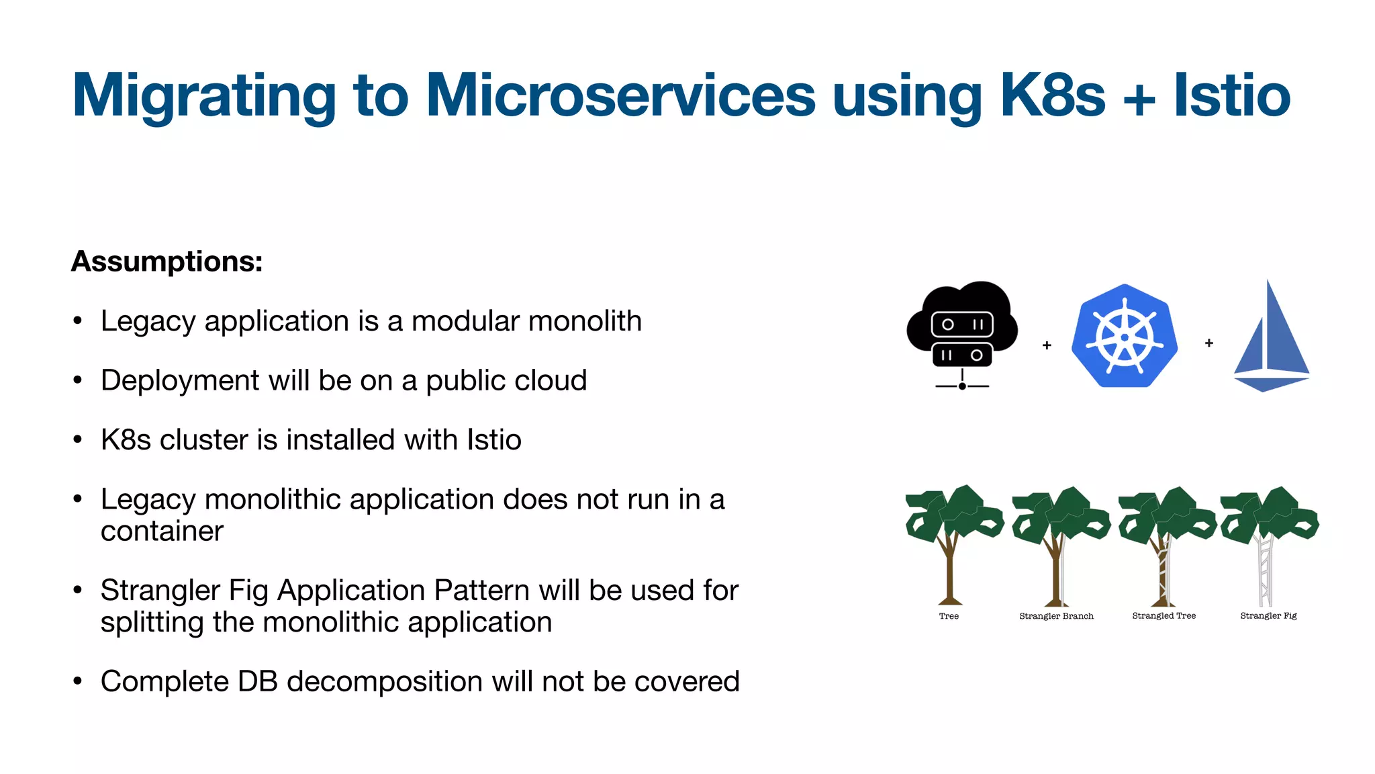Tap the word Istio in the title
[x=1232, y=95]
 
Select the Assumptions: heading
[x=167, y=261]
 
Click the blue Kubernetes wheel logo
[x=1125, y=337]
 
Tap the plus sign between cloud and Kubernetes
[x=1047, y=345]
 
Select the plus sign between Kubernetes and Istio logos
[x=1209, y=343]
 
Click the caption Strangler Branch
[x=1056, y=616]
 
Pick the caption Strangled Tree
[x=1164, y=615]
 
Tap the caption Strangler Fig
[x=1268, y=615]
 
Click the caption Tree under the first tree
[x=949, y=616]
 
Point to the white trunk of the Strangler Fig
[x=1265, y=571]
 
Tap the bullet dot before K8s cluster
[x=78, y=440]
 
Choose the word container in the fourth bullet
[x=162, y=531]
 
